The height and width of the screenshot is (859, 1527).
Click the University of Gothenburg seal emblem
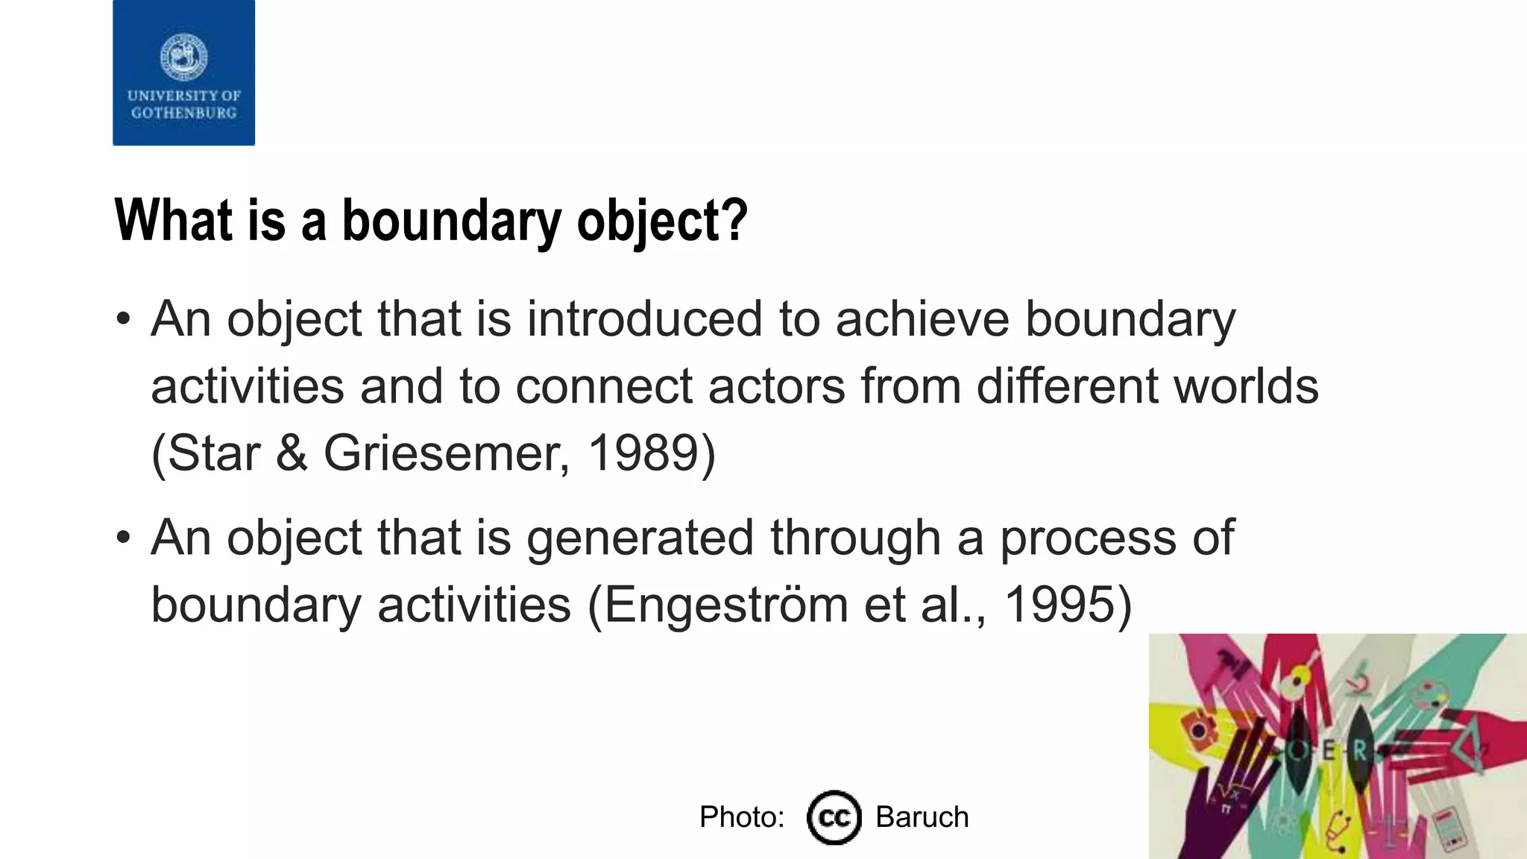pyautogui.click(x=183, y=57)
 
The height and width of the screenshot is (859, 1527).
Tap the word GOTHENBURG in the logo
pyautogui.click(x=183, y=113)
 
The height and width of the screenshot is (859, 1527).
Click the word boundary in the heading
pyautogui.click(x=451, y=221)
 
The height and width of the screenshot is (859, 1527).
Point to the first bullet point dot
pyautogui.click(x=124, y=319)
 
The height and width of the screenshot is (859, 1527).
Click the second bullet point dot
pyautogui.click(x=124, y=538)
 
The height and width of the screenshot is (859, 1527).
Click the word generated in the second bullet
pyautogui.click(x=640, y=538)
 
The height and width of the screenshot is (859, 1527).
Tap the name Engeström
pyautogui.click(x=725, y=604)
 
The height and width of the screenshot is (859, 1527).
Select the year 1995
pyautogui.click(x=1060, y=604)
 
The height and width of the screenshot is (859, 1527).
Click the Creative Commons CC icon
pyautogui.click(x=834, y=817)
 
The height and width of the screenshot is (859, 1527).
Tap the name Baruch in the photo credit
pyautogui.click(x=922, y=817)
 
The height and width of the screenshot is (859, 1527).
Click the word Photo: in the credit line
pyautogui.click(x=742, y=817)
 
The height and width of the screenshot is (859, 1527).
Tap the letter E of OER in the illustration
pyautogui.click(x=1329, y=752)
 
